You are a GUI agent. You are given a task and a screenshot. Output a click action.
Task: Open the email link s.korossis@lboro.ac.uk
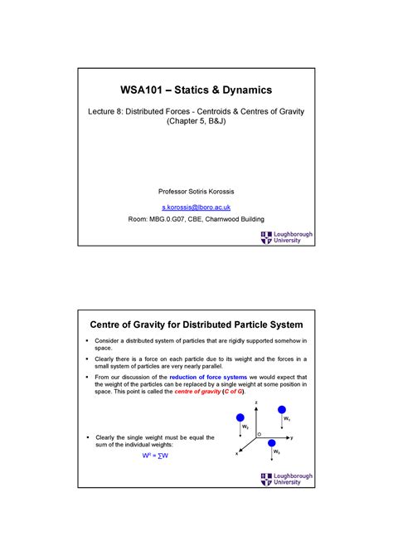[196, 204]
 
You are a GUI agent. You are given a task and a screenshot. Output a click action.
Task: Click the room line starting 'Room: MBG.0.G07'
[196, 219]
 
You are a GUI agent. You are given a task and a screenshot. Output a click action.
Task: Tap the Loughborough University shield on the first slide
[266, 238]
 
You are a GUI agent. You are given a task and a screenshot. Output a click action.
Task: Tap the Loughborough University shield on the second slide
[266, 480]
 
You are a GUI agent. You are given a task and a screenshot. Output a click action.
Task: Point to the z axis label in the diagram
[256, 401]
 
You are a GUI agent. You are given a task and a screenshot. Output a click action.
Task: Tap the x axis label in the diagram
[236, 453]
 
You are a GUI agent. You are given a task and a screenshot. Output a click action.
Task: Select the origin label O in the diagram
[259, 433]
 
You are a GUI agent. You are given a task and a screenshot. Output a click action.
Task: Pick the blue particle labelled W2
[241, 417]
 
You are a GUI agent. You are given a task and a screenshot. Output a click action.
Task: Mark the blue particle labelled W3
[272, 444]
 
